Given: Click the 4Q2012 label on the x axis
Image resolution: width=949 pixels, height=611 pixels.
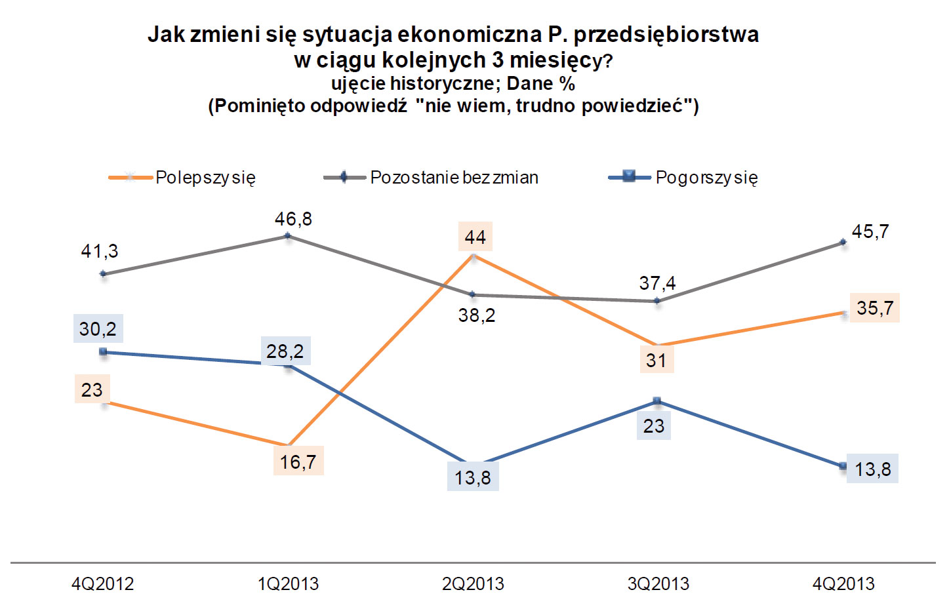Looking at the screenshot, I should coord(102,583).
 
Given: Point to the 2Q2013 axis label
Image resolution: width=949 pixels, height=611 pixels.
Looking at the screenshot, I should coord(473,583).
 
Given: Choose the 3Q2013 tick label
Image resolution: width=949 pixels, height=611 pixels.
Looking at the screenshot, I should coord(658,583).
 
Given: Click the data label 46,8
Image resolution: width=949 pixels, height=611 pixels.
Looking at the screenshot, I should coord(293,219).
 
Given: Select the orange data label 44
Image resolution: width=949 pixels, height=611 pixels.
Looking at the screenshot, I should coord(475,237).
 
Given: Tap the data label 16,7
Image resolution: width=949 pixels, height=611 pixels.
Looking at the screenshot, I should coord(298,462).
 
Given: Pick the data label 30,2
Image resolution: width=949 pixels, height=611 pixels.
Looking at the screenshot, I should coord(98,328).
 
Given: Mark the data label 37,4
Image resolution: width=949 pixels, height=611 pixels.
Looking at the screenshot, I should coord(657,283).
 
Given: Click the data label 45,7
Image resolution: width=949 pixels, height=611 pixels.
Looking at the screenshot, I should coord(870,231).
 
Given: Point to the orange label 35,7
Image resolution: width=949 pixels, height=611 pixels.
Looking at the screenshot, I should coord(875,308).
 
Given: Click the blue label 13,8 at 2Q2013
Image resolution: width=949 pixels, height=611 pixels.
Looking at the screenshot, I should coord(473,477).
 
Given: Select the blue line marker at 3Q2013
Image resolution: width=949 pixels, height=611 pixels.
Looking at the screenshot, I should coord(658,401).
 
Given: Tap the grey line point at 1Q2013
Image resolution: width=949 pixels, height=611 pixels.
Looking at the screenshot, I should coord(288,236).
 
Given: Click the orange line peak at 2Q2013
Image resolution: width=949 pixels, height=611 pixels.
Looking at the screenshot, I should coord(473,256).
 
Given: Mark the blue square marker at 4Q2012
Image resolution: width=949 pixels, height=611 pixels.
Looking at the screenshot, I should coord(103,352).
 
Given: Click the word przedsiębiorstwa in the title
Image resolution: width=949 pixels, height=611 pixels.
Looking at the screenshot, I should coord(666,34).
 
